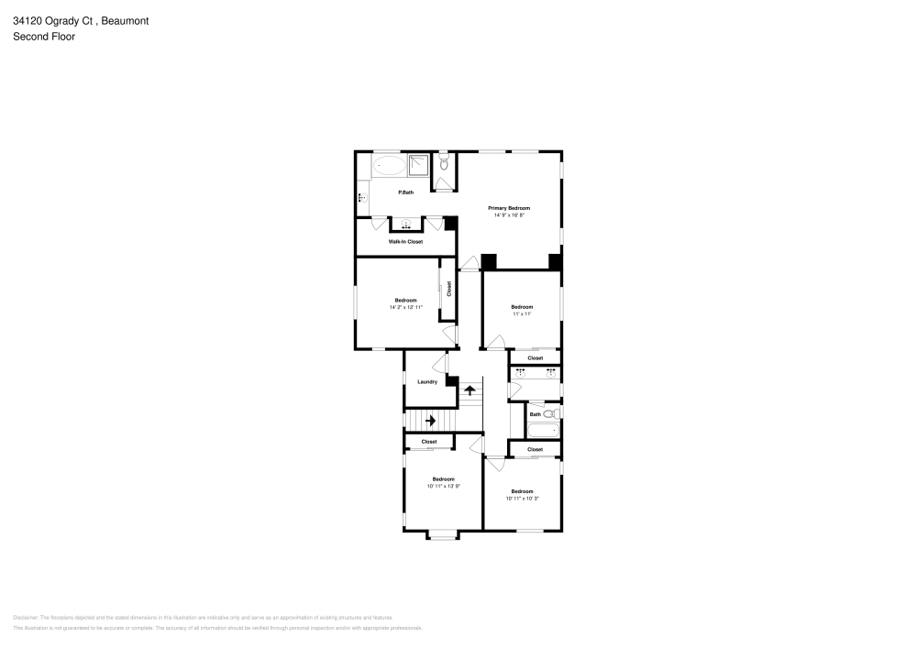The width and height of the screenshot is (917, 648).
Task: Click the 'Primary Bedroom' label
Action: point(509,209)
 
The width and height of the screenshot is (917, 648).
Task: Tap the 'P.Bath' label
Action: point(405,192)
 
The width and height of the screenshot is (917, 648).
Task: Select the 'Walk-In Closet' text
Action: point(405,241)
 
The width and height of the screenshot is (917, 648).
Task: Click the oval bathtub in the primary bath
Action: point(390,166)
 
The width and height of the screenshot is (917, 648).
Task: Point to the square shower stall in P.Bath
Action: point(417,165)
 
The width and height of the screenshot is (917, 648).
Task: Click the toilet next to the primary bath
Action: point(443,164)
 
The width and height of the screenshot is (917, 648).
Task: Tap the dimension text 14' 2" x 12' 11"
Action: point(405,307)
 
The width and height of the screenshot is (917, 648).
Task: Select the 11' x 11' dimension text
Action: point(522,313)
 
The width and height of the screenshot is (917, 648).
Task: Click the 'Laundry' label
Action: point(427,381)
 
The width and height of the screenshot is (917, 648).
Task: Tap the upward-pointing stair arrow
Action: point(470,390)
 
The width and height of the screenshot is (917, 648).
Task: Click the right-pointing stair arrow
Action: point(430,421)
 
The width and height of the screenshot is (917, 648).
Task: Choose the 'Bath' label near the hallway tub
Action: point(536,414)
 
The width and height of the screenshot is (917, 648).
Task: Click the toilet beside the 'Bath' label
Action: point(550,414)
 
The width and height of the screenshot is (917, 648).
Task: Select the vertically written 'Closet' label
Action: point(448,290)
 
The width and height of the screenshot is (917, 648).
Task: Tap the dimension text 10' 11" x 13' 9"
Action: point(443,486)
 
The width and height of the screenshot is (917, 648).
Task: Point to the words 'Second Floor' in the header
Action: point(44,37)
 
